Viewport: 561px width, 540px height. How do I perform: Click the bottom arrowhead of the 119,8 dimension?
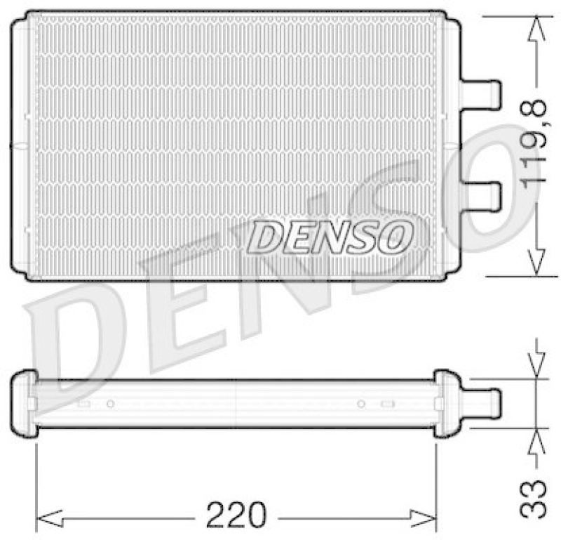pos(536,263)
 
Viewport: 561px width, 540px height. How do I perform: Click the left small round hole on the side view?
pos(110,404)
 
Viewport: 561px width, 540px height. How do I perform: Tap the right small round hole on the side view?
pos(361,404)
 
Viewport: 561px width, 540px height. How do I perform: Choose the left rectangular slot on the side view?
pos(84,404)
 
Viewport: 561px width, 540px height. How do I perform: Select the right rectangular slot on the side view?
pos(387,404)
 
